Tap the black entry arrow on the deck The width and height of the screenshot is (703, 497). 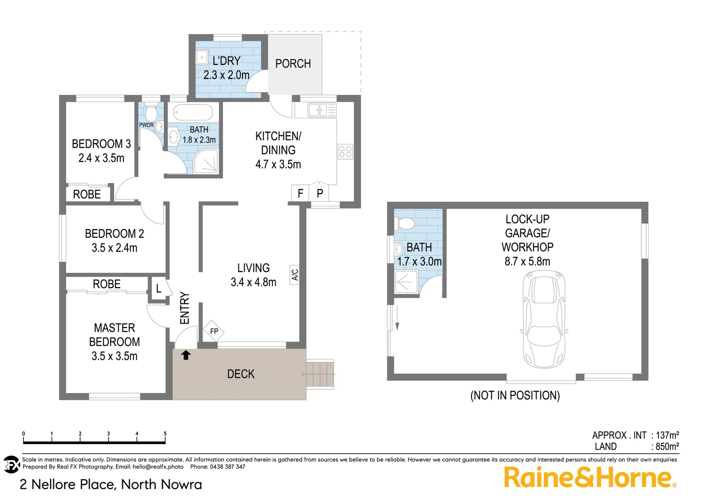186,355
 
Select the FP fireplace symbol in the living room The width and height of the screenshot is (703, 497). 213,331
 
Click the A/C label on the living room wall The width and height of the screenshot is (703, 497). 295,275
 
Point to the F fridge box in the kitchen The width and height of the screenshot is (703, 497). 300,193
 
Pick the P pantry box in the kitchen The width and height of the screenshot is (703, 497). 320,193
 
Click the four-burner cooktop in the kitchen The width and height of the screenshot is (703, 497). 345,151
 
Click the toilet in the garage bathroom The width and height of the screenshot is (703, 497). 405,224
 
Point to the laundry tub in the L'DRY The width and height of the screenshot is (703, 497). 202,57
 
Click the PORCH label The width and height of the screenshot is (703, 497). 293,64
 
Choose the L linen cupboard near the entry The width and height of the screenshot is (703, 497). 159,289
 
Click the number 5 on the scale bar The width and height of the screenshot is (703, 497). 165,433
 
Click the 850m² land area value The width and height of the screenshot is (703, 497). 667,446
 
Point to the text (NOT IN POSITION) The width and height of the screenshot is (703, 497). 515,395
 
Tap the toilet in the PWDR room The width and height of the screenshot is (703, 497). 151,113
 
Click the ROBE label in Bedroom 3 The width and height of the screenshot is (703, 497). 87,194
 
